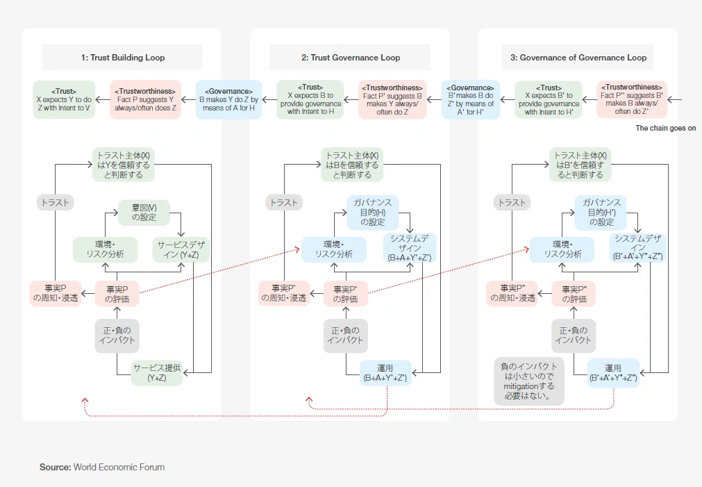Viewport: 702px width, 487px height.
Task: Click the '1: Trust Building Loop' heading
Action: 123,58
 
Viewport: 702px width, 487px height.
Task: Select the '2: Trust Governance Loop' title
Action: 351,58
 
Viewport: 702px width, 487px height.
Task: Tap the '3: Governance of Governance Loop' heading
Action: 578,58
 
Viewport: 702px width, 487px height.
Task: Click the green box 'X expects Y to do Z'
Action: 64,99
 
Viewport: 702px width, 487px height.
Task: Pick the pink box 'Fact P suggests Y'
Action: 146,99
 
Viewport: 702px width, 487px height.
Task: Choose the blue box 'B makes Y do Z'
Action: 228,99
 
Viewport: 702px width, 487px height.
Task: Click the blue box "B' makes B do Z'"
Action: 471,99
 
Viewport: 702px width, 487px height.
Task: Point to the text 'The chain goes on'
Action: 666,128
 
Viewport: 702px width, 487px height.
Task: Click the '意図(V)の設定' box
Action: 144,213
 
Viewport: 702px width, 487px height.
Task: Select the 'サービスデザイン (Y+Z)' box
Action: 181,249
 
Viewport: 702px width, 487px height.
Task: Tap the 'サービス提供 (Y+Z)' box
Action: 157,373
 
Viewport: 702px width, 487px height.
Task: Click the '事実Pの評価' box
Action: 117,294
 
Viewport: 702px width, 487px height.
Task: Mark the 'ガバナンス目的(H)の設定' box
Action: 372,213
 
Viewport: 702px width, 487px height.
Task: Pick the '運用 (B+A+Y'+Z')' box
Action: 385,373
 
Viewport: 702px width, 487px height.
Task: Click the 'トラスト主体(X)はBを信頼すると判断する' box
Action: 352,165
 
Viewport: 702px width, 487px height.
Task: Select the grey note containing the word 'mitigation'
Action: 529,381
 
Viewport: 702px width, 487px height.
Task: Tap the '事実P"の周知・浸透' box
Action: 512,294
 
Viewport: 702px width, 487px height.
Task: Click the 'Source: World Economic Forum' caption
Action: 102,468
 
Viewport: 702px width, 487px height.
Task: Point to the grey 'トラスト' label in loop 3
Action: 512,202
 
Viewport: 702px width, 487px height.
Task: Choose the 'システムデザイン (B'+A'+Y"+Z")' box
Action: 637,248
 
